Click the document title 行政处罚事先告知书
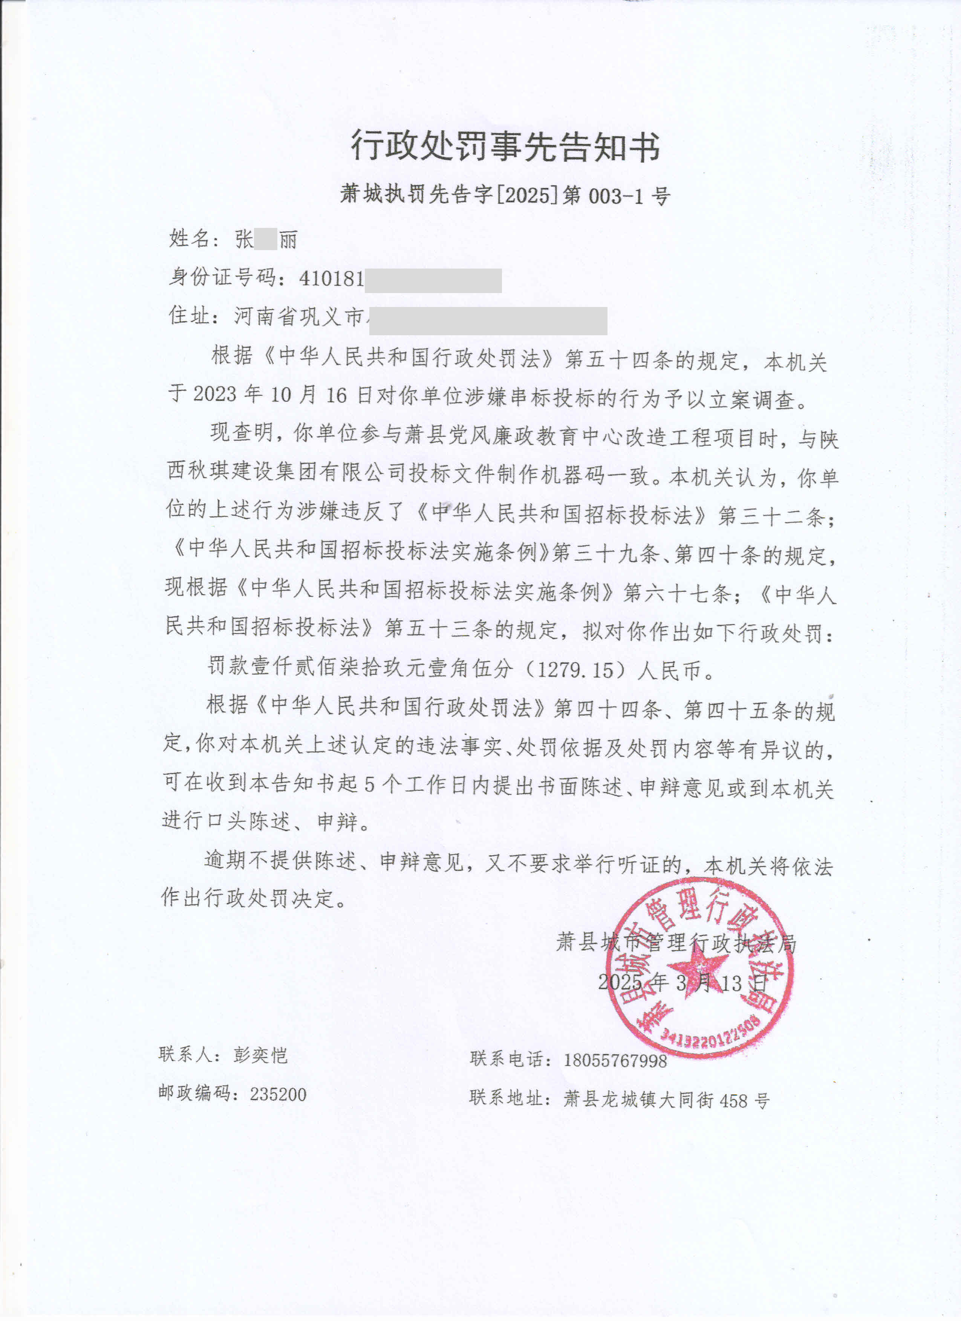coord(505,146)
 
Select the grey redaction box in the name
coord(266,240)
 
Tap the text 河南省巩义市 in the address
coord(299,317)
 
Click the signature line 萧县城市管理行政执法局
coord(676,942)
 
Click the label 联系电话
coord(507,1059)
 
